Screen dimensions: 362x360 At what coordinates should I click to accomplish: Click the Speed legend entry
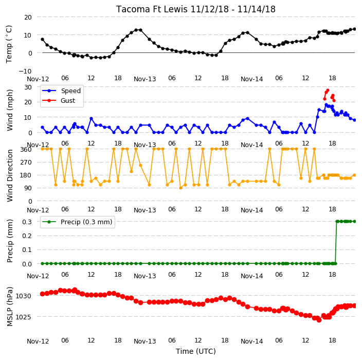[x=61, y=91]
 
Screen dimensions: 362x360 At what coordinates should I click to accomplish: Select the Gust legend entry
[x=59, y=100]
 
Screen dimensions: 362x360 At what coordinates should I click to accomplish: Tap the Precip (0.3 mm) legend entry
[x=77, y=222]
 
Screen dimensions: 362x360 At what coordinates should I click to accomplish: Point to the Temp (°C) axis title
[x=9, y=44]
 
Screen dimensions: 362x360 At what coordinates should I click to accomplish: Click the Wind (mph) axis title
[x=10, y=110]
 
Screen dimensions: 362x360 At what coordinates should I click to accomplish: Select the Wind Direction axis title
[x=10, y=175]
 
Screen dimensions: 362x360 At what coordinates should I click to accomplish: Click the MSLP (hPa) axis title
[x=10, y=307]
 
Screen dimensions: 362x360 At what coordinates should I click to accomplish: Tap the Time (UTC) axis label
[x=196, y=351]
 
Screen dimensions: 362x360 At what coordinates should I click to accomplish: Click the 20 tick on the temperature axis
[x=28, y=17]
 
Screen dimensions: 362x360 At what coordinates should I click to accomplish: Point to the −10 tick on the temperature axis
[x=25, y=71]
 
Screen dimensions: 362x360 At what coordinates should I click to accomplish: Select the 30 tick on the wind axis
[x=28, y=87]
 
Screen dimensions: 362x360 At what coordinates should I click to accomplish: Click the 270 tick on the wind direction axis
[x=26, y=163]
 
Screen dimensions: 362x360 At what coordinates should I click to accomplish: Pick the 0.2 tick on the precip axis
[x=27, y=236]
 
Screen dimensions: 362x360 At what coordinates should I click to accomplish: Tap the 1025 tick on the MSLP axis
[x=23, y=317]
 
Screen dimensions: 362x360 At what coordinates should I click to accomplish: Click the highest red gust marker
[x=328, y=91]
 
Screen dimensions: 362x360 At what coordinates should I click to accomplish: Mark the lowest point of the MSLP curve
[x=319, y=320]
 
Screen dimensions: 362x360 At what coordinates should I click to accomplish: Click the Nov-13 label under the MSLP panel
[x=145, y=341]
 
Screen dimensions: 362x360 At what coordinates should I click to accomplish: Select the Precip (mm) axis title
[x=10, y=241]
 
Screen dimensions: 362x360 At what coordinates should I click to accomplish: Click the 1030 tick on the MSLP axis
[x=23, y=296]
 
